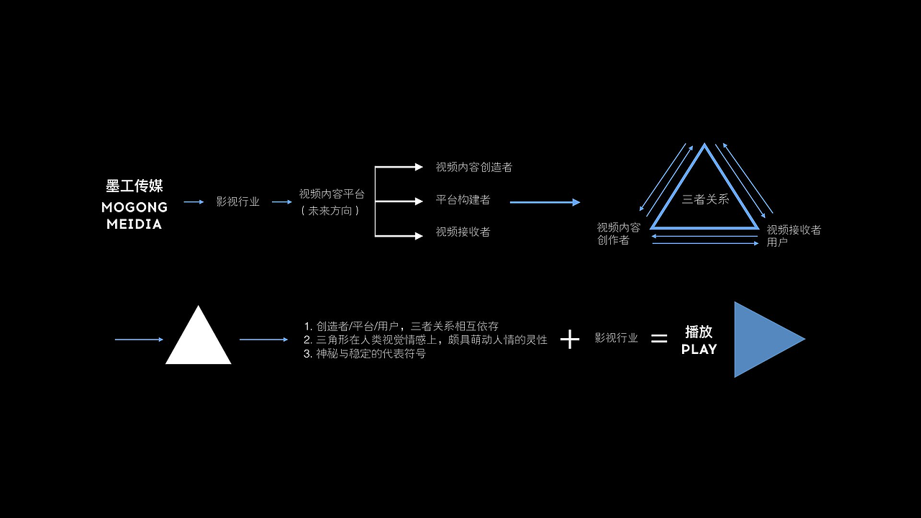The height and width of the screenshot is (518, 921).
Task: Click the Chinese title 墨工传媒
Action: [135, 186]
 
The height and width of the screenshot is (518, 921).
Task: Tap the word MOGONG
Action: [135, 207]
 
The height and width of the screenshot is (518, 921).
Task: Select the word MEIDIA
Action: [135, 224]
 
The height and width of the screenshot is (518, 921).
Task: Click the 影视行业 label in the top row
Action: [237, 202]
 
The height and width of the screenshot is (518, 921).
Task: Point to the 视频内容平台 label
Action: [332, 194]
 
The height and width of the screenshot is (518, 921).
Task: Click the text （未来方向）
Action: [330, 212]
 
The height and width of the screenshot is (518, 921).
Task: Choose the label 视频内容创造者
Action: [473, 168]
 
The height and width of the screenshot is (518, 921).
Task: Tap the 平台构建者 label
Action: [463, 200]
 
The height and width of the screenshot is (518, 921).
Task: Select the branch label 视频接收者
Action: [463, 232]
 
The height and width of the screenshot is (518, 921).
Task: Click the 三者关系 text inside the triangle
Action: [705, 199]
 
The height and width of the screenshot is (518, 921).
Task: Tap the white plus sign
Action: [570, 340]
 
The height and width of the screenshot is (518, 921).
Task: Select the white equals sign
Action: [659, 338]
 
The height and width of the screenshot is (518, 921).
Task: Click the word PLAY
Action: [699, 350]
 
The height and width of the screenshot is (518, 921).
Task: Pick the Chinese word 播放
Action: [699, 332]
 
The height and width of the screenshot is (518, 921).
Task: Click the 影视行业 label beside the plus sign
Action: [617, 338]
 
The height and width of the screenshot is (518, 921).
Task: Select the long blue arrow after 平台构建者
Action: [545, 203]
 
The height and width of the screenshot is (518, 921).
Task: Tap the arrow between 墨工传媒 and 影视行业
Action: [194, 202]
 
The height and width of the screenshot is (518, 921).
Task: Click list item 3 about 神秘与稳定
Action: [365, 354]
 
